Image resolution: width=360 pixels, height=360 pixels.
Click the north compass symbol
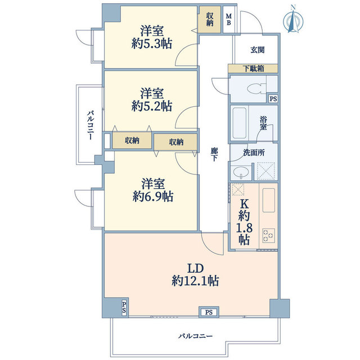[293, 20]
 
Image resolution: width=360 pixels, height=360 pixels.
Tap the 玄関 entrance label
[258, 49]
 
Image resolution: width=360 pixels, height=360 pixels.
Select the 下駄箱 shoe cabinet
[253, 69]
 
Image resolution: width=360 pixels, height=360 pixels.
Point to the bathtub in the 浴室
[239, 123]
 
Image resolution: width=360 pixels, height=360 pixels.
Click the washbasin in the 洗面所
[241, 172]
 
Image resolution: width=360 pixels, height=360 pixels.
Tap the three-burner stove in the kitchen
[268, 235]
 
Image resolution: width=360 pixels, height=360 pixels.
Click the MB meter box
[229, 20]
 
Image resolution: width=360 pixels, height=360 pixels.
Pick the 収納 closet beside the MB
[210, 19]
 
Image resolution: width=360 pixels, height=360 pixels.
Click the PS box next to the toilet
[273, 99]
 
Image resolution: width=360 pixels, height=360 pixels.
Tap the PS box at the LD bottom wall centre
[209, 312]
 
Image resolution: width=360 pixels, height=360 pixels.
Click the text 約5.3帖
[152, 43]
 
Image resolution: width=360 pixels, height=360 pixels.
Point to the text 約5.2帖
[152, 106]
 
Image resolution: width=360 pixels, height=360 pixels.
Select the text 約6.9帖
[153, 196]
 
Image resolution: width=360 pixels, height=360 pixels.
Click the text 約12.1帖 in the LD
[195, 281]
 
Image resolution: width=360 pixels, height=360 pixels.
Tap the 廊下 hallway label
[214, 154]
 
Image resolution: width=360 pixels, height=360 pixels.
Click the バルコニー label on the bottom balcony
[196, 336]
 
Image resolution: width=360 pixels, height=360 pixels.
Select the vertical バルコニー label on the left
[91, 125]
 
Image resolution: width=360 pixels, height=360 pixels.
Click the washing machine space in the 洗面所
[265, 170]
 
